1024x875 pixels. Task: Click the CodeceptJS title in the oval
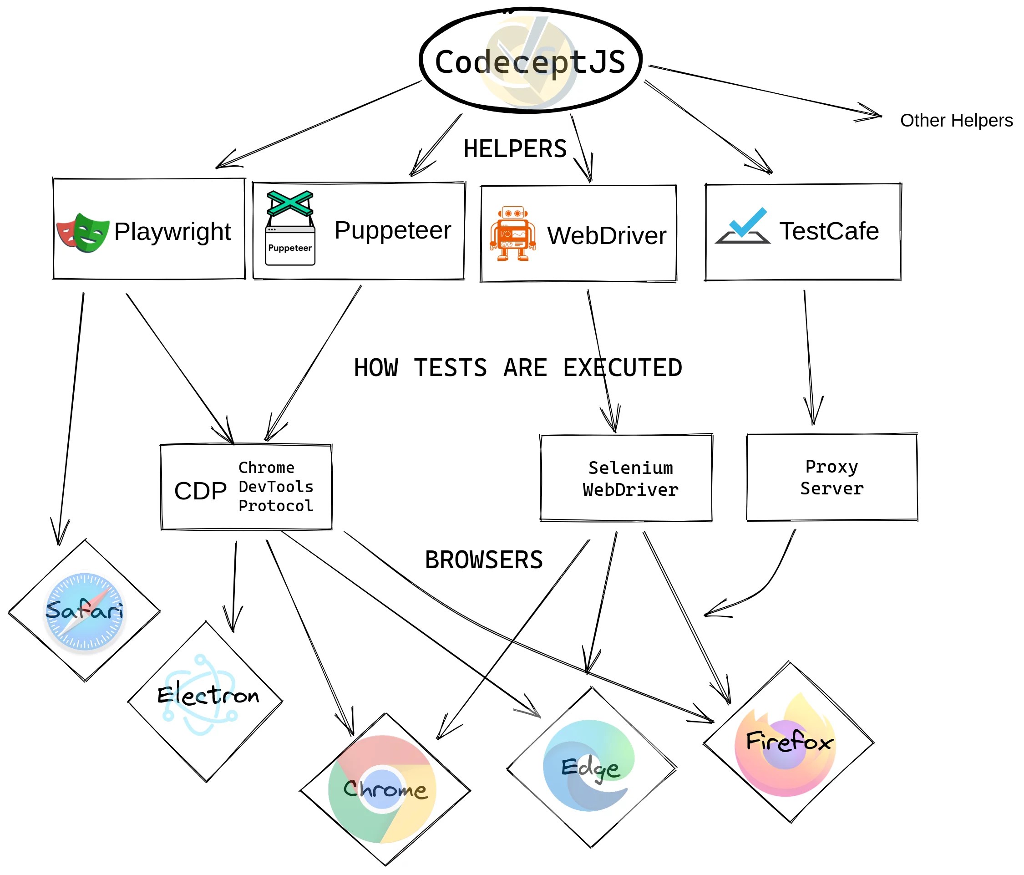[x=530, y=62]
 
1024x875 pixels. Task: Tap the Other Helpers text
[x=956, y=120]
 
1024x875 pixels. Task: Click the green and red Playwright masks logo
[x=82, y=232]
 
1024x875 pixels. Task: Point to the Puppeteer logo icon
[x=290, y=228]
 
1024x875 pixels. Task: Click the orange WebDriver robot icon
[x=512, y=234]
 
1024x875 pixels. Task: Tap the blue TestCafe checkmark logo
[x=742, y=226]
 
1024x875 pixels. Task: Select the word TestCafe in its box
[x=829, y=231]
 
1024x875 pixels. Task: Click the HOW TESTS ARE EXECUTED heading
[x=517, y=368]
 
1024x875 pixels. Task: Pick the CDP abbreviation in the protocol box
[x=200, y=491]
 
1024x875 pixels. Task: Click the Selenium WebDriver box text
[x=630, y=478]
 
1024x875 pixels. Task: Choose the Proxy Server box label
[x=832, y=477]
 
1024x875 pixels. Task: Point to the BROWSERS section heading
[x=483, y=560]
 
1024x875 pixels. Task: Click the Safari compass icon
[x=85, y=612]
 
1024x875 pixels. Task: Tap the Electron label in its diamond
[x=208, y=696]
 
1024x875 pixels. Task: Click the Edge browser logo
[x=589, y=765]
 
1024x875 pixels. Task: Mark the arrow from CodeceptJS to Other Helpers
[x=766, y=92]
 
